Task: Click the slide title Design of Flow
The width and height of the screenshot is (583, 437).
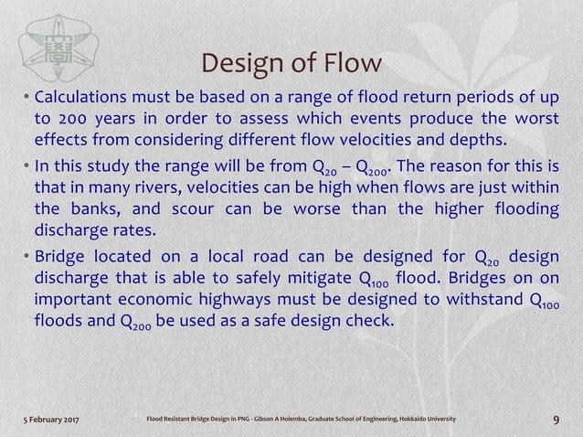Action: [291, 65]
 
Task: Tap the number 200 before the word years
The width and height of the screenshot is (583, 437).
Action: [74, 120]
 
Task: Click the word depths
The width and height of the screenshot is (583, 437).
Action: [472, 141]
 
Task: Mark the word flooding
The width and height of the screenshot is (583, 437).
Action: [522, 208]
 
